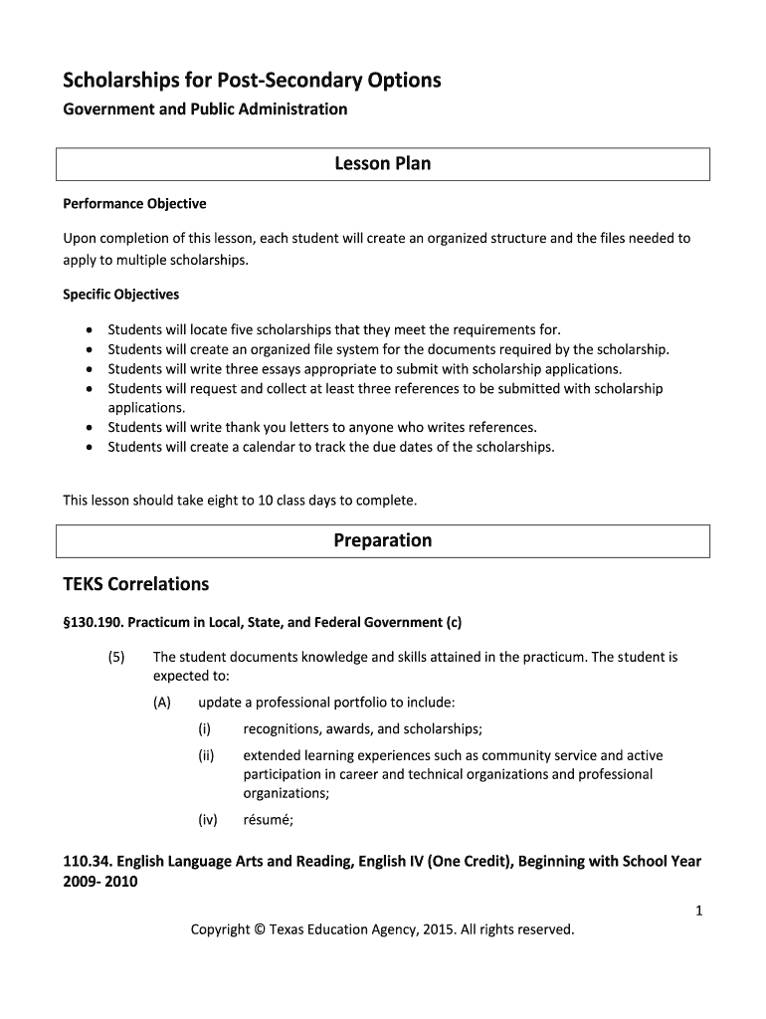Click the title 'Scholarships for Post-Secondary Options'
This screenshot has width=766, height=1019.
(252, 80)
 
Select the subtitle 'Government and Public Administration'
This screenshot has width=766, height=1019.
(205, 109)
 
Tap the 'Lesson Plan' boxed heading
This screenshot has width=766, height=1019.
(382, 163)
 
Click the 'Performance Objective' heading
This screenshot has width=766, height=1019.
(134, 204)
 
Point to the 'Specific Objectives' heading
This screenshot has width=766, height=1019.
(121, 295)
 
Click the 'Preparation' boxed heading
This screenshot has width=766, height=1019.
(382, 540)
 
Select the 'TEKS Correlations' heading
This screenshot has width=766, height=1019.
(135, 583)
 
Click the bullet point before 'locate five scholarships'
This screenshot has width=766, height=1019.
(91, 330)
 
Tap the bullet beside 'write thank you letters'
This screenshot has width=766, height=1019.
(91, 428)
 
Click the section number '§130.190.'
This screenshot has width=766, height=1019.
(93, 623)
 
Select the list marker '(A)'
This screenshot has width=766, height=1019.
(162, 703)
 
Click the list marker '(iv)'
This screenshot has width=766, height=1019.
(208, 821)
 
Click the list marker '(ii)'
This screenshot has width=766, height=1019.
(206, 756)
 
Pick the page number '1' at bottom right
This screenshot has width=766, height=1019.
(699, 909)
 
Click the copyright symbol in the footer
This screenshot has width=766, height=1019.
(261, 929)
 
